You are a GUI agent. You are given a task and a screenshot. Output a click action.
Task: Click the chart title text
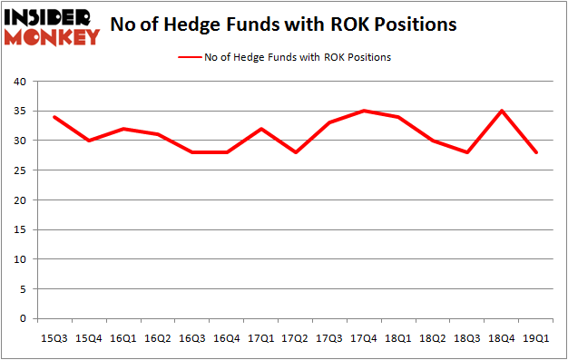tap(282, 24)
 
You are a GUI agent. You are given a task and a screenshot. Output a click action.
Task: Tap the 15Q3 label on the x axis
tap(54, 338)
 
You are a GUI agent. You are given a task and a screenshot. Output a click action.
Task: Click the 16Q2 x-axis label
tap(157, 338)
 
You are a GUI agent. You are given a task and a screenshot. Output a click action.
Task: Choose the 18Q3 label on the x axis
tap(467, 338)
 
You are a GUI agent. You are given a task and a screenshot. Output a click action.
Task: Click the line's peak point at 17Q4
tap(364, 111)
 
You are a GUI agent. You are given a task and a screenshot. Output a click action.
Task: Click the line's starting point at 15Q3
tap(54, 117)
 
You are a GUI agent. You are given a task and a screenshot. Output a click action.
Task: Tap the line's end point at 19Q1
tap(536, 152)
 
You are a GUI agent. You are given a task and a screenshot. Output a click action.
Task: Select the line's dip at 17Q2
tap(295, 152)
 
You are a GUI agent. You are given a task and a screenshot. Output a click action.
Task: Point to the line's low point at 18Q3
tap(467, 152)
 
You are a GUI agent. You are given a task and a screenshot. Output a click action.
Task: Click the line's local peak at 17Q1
tap(260, 129)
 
